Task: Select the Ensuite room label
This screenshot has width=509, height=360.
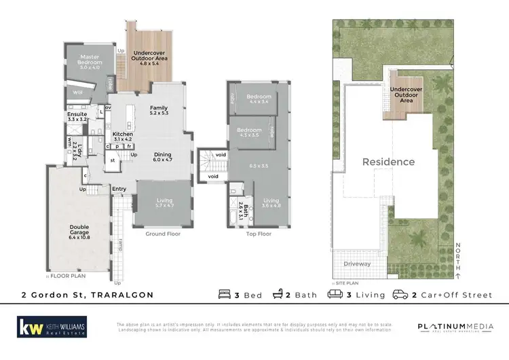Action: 77,117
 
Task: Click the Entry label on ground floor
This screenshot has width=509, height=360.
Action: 119,189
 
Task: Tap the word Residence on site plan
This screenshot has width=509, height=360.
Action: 388,162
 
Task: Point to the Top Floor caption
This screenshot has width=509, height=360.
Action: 259,233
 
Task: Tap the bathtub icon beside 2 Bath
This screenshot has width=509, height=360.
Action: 278,295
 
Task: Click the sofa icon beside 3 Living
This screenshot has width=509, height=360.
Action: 335,295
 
